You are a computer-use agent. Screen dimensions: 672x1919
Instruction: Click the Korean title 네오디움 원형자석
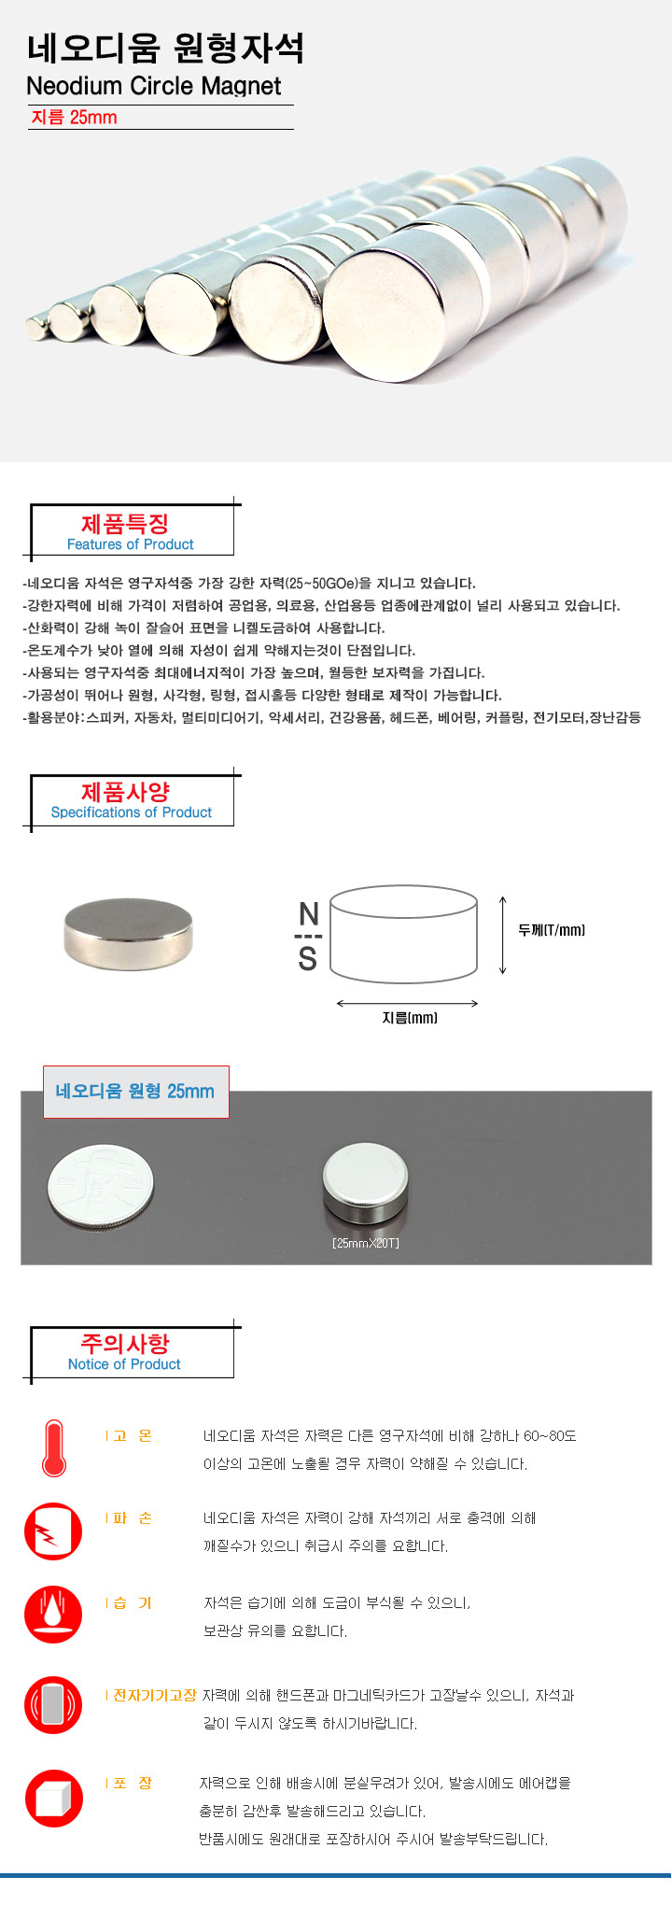point(165,49)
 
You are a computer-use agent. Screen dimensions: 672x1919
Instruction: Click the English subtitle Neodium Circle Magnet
point(154,86)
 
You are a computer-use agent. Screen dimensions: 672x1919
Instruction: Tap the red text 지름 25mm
point(75,118)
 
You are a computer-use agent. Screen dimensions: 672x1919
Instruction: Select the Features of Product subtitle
point(131,544)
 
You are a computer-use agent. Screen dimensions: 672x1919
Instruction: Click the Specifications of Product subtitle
point(132,812)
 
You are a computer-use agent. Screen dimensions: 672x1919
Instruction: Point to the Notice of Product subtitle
point(124,1364)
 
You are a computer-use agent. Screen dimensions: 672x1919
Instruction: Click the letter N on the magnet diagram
point(309,914)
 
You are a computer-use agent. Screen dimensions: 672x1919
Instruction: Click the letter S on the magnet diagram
point(308,959)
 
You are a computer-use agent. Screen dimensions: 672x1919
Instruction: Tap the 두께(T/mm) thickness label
point(552,930)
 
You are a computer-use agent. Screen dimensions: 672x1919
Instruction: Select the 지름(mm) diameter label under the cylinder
point(410,1018)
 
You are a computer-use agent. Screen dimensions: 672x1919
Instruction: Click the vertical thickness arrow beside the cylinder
point(503,935)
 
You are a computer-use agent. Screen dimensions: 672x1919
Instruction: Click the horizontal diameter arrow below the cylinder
point(407,1004)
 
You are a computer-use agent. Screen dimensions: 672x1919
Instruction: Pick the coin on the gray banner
point(101,1187)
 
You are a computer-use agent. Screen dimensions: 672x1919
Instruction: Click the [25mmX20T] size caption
point(366,1244)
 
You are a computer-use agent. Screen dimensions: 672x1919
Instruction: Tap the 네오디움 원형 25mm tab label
point(135,1091)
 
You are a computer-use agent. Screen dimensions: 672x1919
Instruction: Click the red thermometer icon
point(54,1448)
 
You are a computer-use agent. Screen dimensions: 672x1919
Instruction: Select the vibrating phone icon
point(53,1705)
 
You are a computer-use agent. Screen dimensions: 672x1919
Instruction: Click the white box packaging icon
point(53,1798)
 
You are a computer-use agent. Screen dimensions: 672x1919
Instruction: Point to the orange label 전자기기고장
point(155,1695)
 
